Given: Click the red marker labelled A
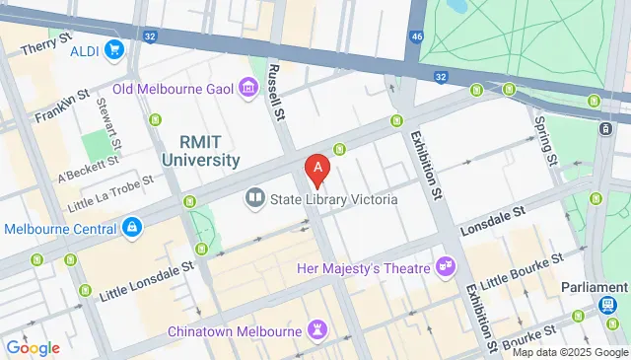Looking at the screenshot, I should tap(316, 171).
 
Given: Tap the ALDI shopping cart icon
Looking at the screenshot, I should tap(114, 48).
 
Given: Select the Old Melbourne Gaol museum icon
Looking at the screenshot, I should tap(246, 91).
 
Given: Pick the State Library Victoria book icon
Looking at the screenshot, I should tap(255, 199).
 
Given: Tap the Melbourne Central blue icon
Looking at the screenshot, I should tap(131, 228).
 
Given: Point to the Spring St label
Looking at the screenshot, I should tap(545, 141).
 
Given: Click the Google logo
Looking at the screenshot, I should tap(34, 347).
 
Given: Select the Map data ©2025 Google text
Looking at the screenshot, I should tap(568, 352).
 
